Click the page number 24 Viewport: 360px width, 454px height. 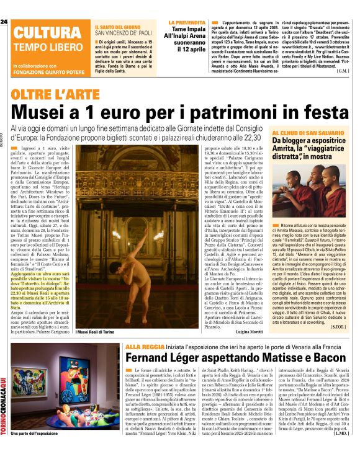(x=4, y=22)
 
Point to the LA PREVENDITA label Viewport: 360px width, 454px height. (x=187, y=23)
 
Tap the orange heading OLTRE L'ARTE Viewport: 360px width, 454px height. (x=50, y=96)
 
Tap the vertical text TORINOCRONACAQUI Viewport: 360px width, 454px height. (x=4, y=397)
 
